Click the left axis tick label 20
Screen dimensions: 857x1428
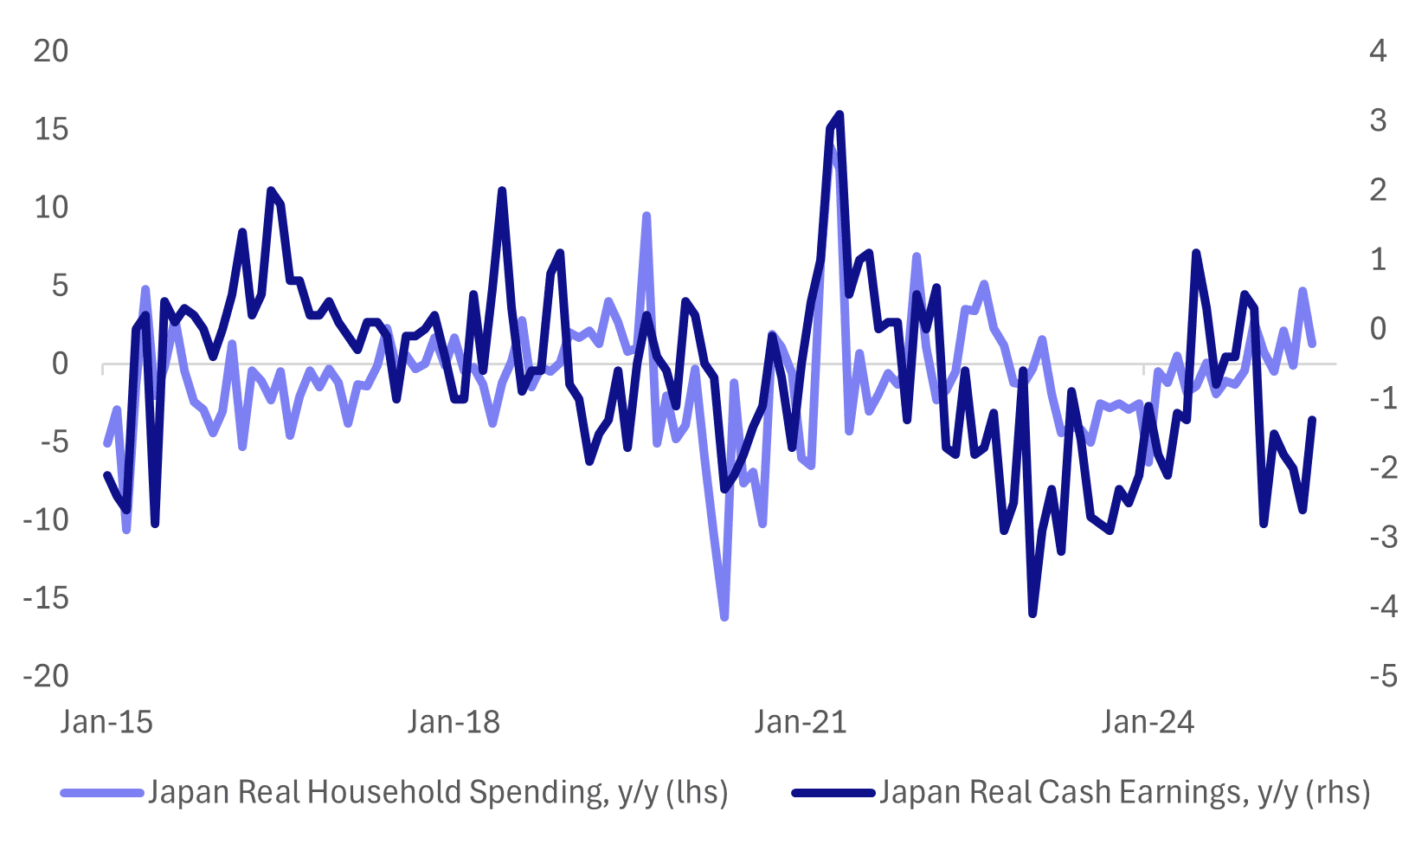50,51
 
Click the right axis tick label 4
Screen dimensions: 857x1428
1378,51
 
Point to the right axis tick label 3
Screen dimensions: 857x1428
1378,120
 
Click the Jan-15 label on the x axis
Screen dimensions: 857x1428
106,721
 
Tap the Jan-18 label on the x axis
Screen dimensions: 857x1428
453,721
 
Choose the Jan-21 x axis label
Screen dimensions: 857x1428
801,721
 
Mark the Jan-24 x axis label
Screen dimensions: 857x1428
1148,721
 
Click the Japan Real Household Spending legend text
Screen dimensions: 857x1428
438,792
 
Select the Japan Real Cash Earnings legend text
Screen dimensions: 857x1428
1124,792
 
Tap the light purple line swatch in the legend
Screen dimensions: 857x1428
101,792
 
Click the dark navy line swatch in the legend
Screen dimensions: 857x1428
833,792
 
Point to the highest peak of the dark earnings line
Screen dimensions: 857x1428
839,114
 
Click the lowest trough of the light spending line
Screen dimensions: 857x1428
724,617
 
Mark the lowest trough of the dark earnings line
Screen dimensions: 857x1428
1032,614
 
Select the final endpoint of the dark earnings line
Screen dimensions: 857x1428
1312,420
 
